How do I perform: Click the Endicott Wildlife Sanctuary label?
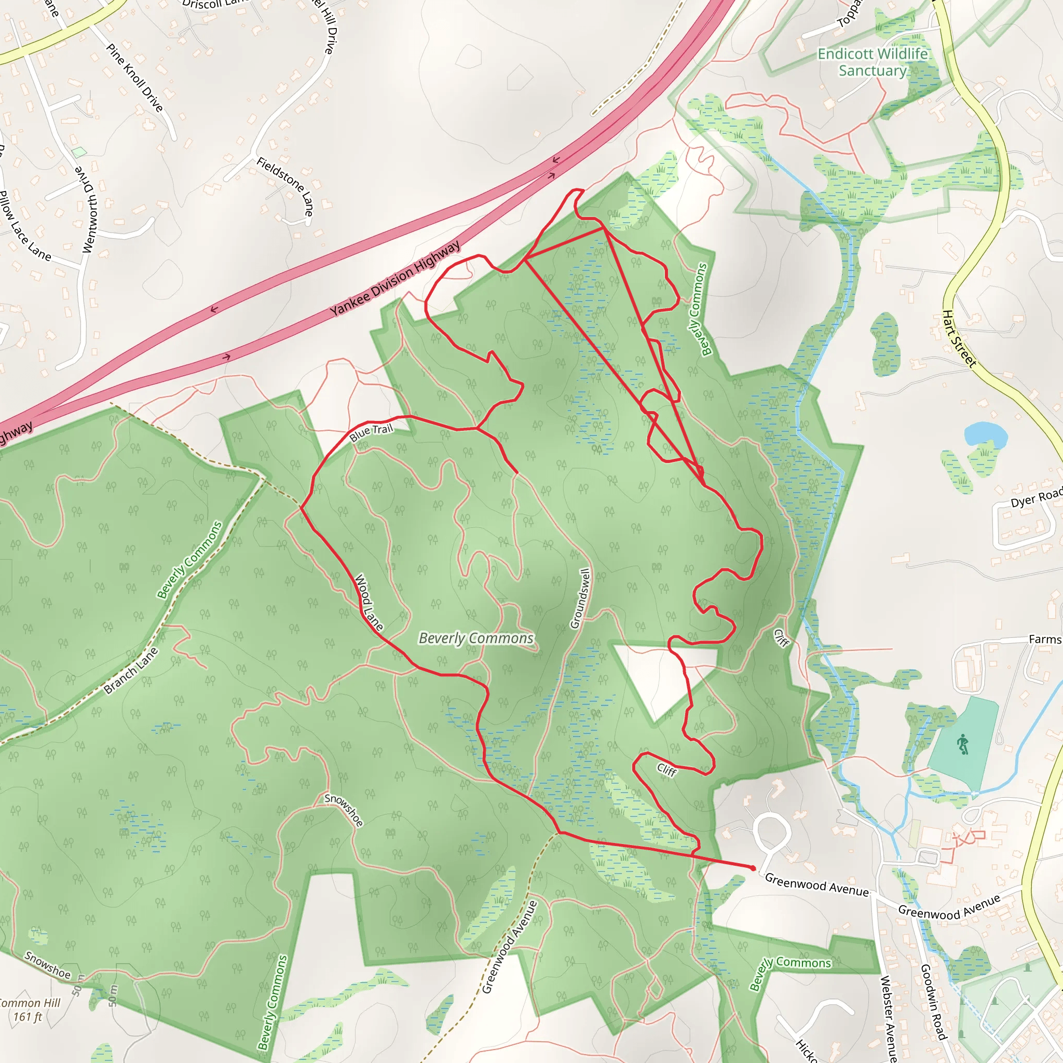tap(873, 62)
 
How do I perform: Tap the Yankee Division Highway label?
tap(395, 279)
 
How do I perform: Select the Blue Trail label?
tap(372, 432)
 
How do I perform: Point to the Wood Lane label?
tap(369, 603)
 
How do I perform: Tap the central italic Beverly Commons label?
tap(476, 638)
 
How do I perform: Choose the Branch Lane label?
tap(131, 671)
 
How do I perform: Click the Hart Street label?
tap(959, 338)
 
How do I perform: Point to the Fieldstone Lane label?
tap(285, 186)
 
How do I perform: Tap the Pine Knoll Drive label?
tap(135, 77)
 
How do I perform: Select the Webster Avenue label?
tap(888, 1018)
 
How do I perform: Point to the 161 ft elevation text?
tap(28, 1017)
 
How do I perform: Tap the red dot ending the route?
tap(753, 868)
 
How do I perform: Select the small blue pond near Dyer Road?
tap(986, 434)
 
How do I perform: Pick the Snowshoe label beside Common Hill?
tap(47, 965)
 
